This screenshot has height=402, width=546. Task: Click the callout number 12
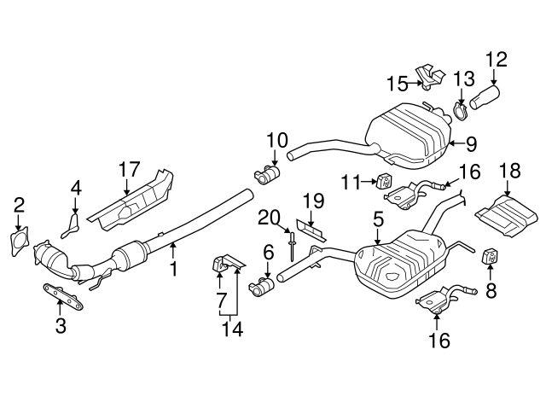(496, 60)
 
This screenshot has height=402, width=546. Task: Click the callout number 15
(397, 83)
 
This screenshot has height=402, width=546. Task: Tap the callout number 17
(129, 168)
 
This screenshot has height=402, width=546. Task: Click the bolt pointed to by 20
(292, 248)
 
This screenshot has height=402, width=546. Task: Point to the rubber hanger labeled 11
(382, 181)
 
